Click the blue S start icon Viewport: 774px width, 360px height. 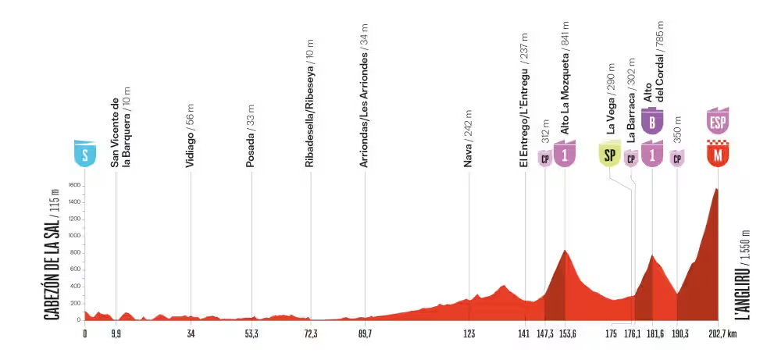click(84, 153)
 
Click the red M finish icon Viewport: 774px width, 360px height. click(718, 155)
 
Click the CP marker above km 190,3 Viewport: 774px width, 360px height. click(677, 159)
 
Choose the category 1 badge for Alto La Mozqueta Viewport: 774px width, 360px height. click(565, 154)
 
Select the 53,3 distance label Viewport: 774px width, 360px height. click(251, 333)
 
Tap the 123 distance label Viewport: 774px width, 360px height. click(469, 333)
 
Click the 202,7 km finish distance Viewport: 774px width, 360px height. click(722, 333)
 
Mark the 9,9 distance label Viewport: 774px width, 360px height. click(116, 333)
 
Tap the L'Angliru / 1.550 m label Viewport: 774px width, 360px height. click(746, 274)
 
